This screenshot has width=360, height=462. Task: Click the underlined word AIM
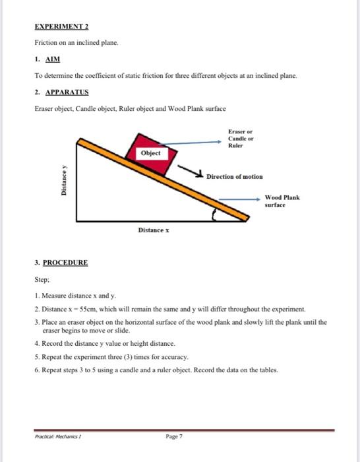pos(51,59)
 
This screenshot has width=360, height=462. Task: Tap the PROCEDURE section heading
pos(65,262)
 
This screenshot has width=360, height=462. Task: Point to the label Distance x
pos(154,230)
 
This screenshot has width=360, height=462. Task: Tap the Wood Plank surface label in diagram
pos(282,201)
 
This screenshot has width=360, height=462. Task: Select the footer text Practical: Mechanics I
pos(58,437)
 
